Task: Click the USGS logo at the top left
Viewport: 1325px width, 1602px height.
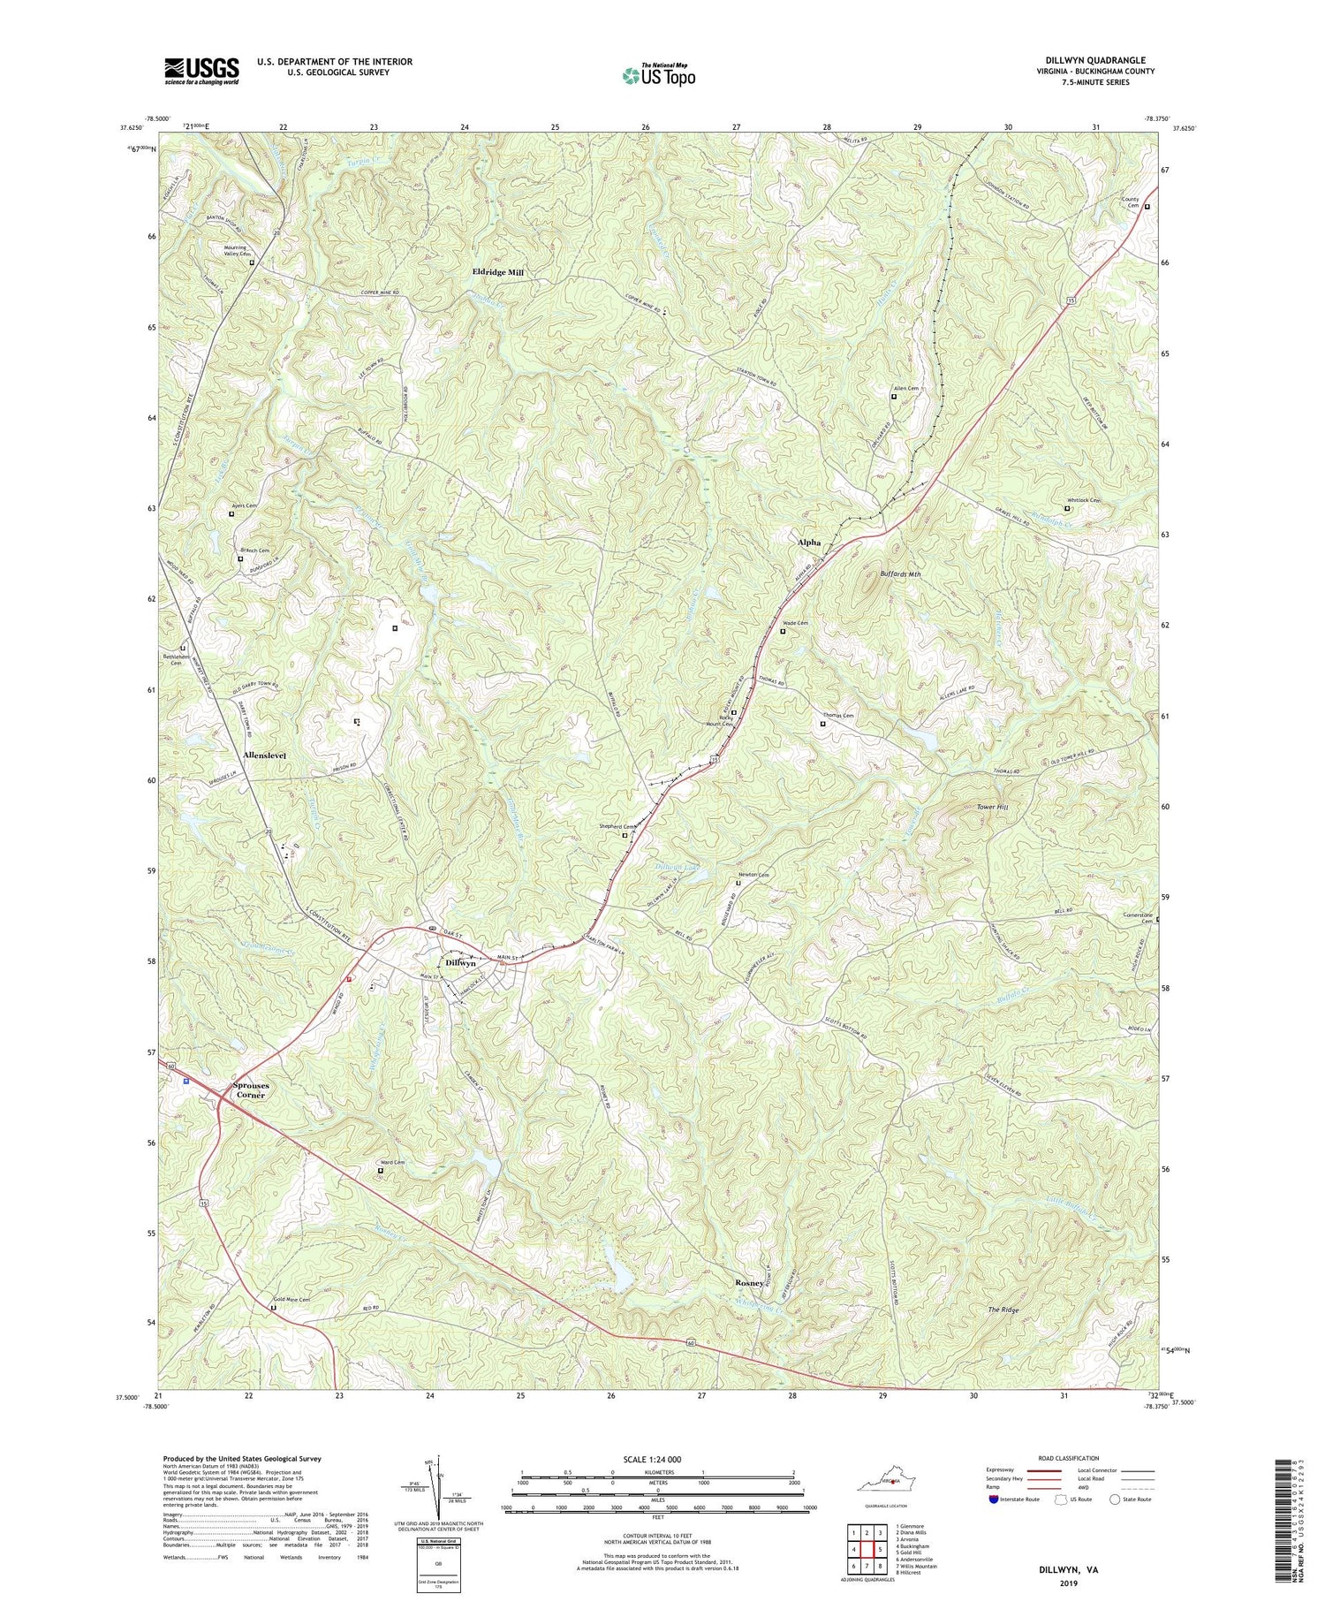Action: click(x=201, y=71)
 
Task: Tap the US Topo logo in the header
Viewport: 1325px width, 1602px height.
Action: click(x=658, y=76)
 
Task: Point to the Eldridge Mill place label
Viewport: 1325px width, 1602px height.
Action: click(x=497, y=273)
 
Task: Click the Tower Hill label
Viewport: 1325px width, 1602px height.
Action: click(x=991, y=808)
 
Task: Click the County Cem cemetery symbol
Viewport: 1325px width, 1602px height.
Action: click(x=1147, y=207)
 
